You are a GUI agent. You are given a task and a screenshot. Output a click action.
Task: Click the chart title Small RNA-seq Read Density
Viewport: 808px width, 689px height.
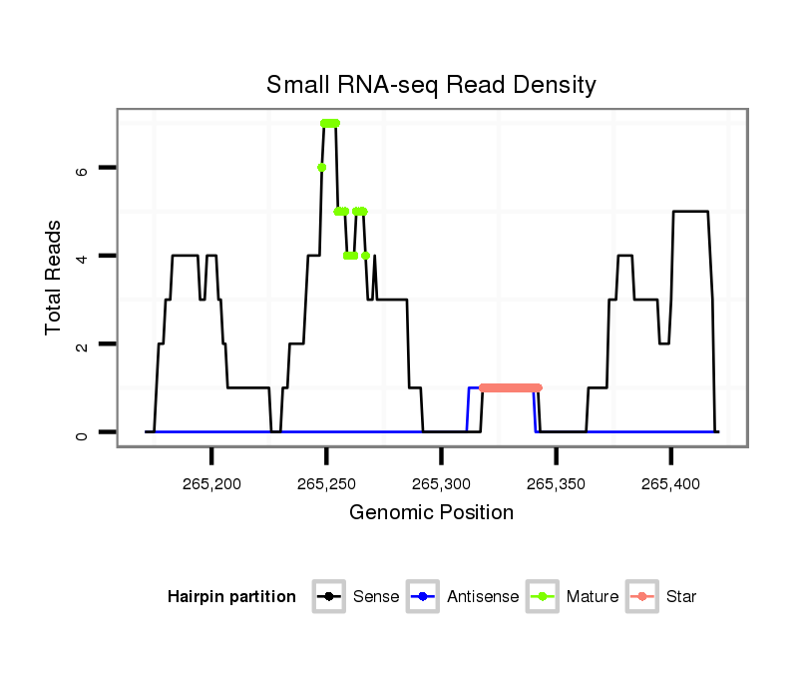(x=431, y=85)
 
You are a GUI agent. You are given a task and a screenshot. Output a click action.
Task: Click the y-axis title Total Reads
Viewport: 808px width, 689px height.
(x=55, y=278)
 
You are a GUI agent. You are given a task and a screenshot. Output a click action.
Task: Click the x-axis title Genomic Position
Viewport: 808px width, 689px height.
(x=431, y=513)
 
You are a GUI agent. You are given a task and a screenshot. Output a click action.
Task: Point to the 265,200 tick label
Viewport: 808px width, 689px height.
(x=212, y=484)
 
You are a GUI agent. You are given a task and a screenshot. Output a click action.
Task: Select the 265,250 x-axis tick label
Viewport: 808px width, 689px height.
(x=327, y=484)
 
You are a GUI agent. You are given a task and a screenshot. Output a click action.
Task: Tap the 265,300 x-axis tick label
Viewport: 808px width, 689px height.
(x=442, y=484)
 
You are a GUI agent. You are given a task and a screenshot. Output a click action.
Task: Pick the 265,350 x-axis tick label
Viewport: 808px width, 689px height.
(x=557, y=484)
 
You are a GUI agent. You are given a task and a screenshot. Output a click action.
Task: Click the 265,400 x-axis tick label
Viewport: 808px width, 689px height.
(x=671, y=484)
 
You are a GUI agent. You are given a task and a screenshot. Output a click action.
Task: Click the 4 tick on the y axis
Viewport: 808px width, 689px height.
(x=82, y=256)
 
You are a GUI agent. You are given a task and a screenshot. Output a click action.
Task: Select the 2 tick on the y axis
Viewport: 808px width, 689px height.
(x=82, y=344)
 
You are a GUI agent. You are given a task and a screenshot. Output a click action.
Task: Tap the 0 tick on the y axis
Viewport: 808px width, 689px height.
(x=82, y=432)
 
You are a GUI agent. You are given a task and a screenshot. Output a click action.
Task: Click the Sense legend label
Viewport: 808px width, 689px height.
(x=376, y=597)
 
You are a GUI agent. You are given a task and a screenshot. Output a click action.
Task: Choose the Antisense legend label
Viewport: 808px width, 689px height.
(x=483, y=597)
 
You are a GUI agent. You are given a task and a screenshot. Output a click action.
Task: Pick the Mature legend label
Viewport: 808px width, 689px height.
(x=593, y=597)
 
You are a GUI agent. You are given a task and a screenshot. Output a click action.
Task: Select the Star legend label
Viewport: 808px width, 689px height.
(x=681, y=597)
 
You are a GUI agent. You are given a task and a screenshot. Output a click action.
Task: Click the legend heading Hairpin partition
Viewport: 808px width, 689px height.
(x=231, y=597)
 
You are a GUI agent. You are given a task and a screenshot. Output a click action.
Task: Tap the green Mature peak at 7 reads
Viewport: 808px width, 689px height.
(x=330, y=123)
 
